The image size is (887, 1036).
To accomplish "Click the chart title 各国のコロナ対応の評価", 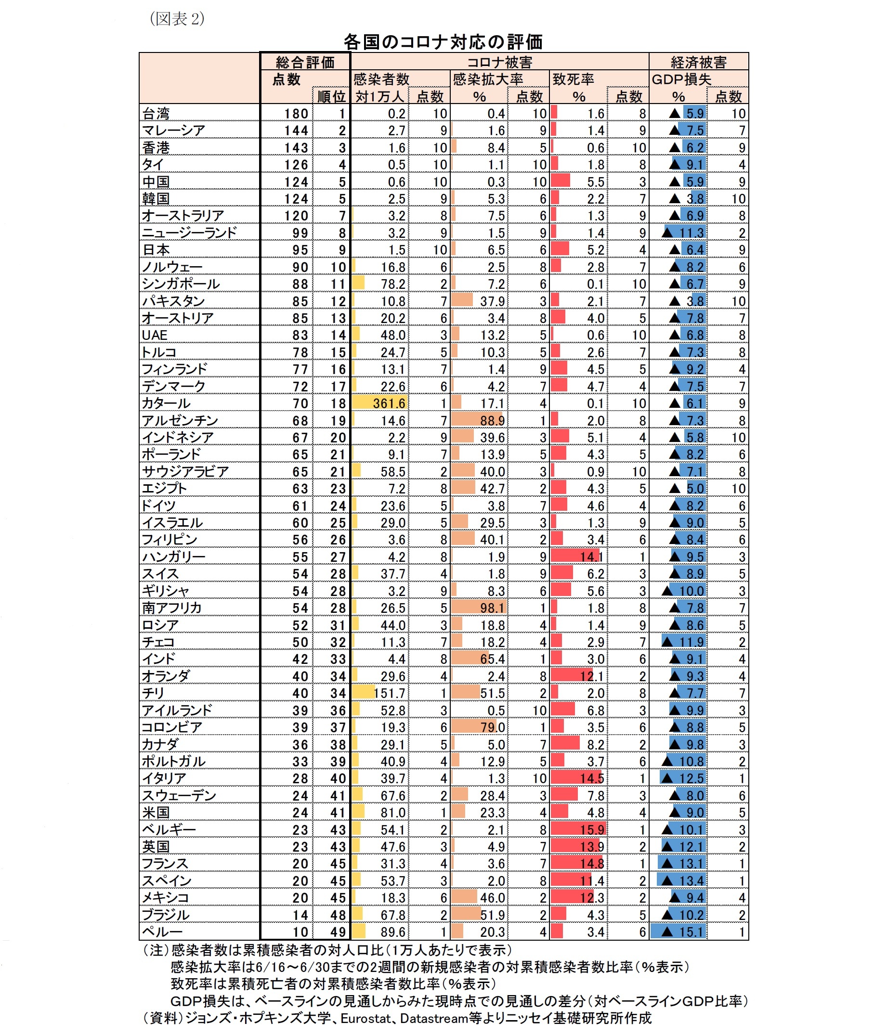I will pos(443,42).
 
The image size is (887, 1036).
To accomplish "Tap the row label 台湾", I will pos(156,114).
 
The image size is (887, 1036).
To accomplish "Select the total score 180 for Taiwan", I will pos(296,114).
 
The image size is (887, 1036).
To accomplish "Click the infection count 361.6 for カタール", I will pos(389,403).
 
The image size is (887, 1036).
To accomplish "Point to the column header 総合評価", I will pos(305,62).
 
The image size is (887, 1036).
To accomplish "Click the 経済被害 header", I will pos(698,62).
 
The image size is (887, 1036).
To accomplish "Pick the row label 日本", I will pos(156,250).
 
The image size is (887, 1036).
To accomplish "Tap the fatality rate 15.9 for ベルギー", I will pos(592,830).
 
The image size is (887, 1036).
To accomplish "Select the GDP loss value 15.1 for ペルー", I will pos(691,932).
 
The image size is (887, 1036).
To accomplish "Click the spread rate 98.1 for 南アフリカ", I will pos(492,608).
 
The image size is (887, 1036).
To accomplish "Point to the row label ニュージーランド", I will pos(189,233).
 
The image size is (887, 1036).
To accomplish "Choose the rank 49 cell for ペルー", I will pos(338,932).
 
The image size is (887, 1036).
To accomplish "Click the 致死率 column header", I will pos(573,79).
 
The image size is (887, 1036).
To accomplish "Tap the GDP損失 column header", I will pos(681,79).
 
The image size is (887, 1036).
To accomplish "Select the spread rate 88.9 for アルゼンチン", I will pos(492,420).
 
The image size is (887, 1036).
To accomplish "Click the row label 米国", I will pos(156,813).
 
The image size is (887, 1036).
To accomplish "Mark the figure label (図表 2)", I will pos(177,19).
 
